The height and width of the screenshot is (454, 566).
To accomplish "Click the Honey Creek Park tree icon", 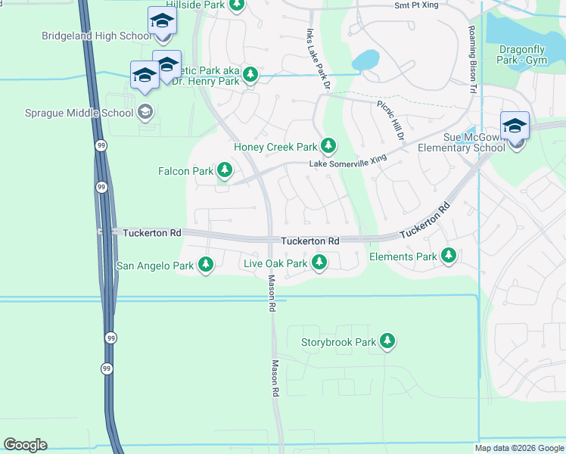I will coord(328,145).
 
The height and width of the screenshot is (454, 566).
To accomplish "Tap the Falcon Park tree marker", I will coord(224,169).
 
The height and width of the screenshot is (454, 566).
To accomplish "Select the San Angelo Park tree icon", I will coord(206,265).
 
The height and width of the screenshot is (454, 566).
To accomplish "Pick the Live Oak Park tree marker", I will coord(319,263).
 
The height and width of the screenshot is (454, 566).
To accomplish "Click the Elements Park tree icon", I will coord(449,256).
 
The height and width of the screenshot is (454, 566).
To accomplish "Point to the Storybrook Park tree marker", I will coord(388,341).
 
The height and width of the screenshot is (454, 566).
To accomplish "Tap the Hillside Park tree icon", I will coord(237,5).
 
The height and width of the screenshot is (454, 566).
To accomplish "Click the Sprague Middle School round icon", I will coord(145,113).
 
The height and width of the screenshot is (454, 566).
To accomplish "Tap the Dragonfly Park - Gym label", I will coord(523,54).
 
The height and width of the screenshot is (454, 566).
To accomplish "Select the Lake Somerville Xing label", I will coord(347,163).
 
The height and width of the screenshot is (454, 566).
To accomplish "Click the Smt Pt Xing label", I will coord(415,5).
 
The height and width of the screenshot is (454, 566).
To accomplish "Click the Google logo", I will coord(25,445).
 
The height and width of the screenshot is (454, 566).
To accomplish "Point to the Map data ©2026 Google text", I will coord(519,448).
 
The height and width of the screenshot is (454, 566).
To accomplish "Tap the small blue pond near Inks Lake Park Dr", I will coord(365,60).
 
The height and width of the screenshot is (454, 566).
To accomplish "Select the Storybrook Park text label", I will coord(338,343).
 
